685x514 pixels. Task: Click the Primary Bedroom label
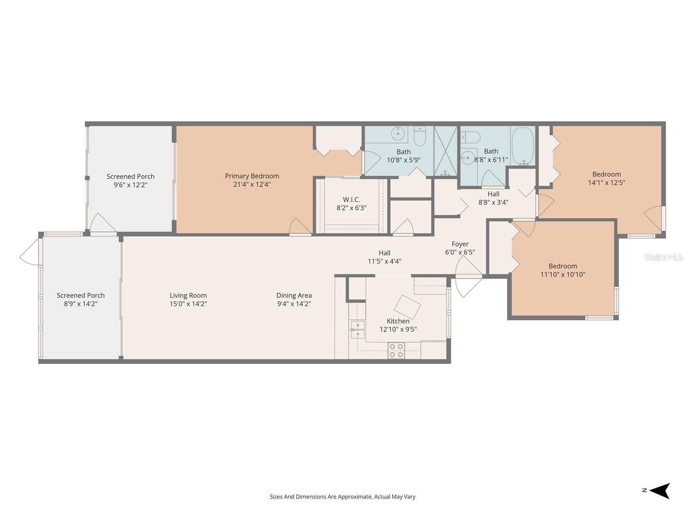click(x=252, y=176)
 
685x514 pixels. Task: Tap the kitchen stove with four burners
click(x=396, y=350)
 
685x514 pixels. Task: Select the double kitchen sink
click(x=357, y=329)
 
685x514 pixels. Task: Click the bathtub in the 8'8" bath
click(x=523, y=146)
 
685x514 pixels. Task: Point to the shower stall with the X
click(x=446, y=151)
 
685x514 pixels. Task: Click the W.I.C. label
click(x=351, y=200)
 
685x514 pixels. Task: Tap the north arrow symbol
click(x=659, y=491)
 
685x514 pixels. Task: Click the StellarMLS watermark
click(x=663, y=257)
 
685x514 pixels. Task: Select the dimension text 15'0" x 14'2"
click(x=188, y=304)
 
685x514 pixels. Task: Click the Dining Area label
click(x=294, y=295)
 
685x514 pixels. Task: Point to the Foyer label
click(x=460, y=244)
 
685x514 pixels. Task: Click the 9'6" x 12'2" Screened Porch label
click(x=131, y=176)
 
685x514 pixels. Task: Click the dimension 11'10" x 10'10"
click(x=563, y=275)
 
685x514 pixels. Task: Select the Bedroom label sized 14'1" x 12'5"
click(x=606, y=174)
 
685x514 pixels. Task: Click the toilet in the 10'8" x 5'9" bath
click(x=419, y=136)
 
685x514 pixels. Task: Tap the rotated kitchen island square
click(x=407, y=307)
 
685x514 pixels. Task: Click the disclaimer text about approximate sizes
click(x=342, y=497)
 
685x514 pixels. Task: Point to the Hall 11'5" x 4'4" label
click(x=384, y=253)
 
